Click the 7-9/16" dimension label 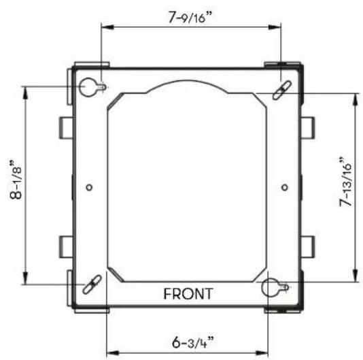pyautogui.click(x=190, y=17)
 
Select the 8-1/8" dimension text pyautogui.click(x=16, y=180)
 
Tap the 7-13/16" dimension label pyautogui.click(x=345, y=182)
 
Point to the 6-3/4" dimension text pyautogui.click(x=193, y=342)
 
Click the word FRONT pyautogui.click(x=188, y=294)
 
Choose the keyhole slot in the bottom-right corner pyautogui.click(x=275, y=288)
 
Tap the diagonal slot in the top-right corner pyautogui.click(x=281, y=91)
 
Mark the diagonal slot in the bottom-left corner pyautogui.click(x=92, y=284)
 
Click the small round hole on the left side pyautogui.click(x=89, y=187)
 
